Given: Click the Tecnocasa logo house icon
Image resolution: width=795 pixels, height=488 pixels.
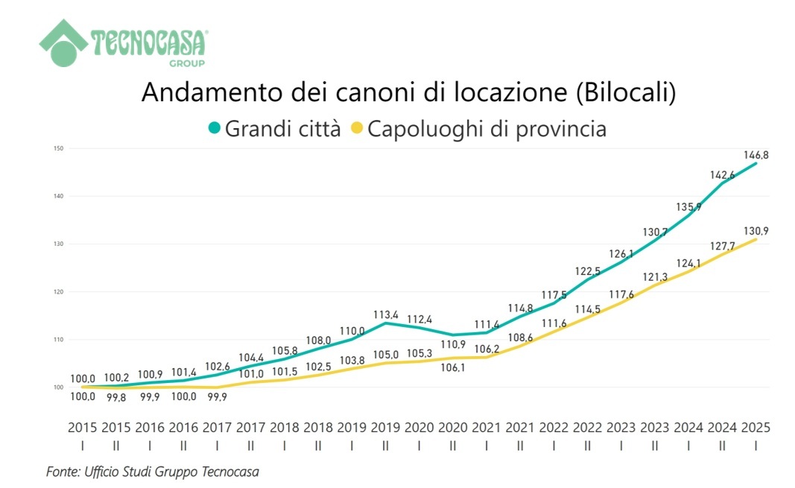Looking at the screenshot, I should point(64,42).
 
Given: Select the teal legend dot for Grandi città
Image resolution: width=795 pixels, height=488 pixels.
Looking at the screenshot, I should point(215,129).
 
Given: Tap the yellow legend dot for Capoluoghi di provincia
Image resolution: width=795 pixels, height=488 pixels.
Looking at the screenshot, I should point(356,129).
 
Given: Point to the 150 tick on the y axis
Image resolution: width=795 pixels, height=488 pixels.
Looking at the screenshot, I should point(59,149).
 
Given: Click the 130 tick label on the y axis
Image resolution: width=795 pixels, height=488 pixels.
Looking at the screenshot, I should point(59,244).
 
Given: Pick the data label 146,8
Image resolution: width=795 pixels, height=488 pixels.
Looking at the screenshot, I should point(756,155).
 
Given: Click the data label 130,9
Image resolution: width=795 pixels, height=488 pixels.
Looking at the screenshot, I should point(756,231).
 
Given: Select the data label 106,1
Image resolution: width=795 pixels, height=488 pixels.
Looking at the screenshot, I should point(452,367).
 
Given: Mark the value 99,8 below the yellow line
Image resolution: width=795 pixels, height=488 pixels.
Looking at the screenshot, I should point(116,397).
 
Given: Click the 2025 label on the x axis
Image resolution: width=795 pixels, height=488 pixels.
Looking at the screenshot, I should point(756,428).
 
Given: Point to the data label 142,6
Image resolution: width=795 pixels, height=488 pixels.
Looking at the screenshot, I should point(722,174).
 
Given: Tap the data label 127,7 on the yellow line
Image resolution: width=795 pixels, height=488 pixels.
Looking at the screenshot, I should point(722,246).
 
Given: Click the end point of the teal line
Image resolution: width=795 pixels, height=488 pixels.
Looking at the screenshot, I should point(756,163).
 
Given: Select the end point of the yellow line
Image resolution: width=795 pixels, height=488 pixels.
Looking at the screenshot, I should point(756,239).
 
